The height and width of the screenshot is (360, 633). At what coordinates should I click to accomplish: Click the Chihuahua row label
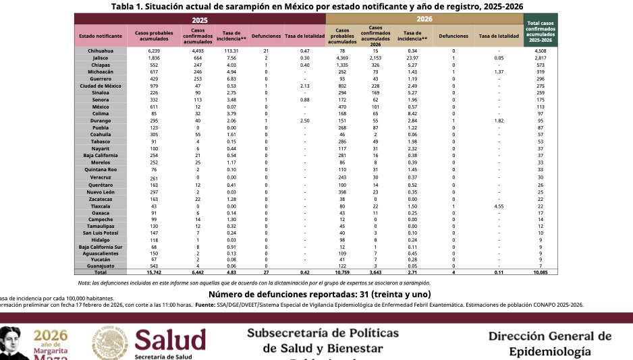[x=100, y=51]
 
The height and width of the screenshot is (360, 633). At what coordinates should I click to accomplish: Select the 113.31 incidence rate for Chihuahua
[x=231, y=51]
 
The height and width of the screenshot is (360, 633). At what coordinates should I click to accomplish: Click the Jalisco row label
[x=100, y=57]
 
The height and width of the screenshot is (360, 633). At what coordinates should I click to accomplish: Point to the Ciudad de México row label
[x=100, y=86]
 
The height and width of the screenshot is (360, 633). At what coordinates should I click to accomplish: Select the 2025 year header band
[x=199, y=20]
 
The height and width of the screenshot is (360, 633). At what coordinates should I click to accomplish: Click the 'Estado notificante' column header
[x=100, y=35]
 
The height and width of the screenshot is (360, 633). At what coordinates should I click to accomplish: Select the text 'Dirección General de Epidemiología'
[x=550, y=343]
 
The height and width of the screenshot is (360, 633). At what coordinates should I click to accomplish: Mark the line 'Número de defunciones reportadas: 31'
[x=319, y=294]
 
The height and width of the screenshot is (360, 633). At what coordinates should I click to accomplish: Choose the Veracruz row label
[x=100, y=177]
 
